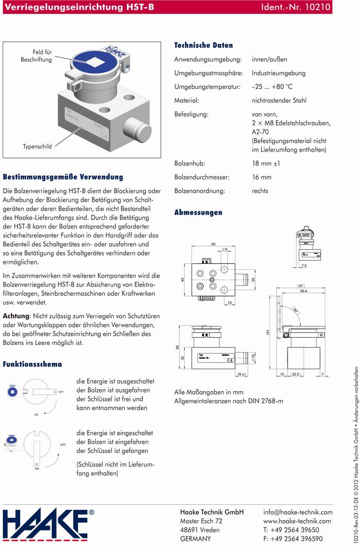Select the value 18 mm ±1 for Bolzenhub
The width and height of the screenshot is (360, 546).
pos(266,163)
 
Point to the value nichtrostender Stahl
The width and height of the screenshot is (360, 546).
pos(279,100)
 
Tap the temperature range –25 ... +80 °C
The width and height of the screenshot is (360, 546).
pos(272,86)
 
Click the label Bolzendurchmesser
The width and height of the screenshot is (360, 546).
pos(202,177)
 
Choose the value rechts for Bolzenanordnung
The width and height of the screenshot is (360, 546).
pos(260,191)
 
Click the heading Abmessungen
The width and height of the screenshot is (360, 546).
pos(198,212)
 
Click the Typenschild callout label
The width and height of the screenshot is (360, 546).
pos(37,147)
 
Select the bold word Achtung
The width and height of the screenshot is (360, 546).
pos(15,315)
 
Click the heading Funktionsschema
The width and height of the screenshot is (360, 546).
pos(32,364)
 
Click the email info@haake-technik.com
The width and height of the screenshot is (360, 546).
pos(298,512)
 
